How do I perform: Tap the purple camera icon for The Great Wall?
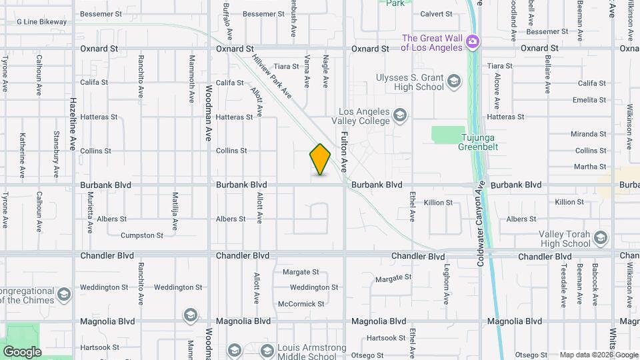click(x=473, y=43)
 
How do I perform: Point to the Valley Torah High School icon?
click(x=601, y=239)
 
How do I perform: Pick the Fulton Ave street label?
click(x=345, y=152)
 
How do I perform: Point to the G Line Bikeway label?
click(x=41, y=22)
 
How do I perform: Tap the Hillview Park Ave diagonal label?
click(x=272, y=75)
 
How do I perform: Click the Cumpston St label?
click(x=141, y=235)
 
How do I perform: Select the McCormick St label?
click(x=301, y=304)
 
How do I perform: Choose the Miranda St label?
click(x=588, y=134)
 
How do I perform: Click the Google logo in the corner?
click(x=22, y=351)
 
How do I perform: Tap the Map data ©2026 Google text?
click(x=597, y=355)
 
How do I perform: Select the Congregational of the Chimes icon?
click(x=64, y=294)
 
